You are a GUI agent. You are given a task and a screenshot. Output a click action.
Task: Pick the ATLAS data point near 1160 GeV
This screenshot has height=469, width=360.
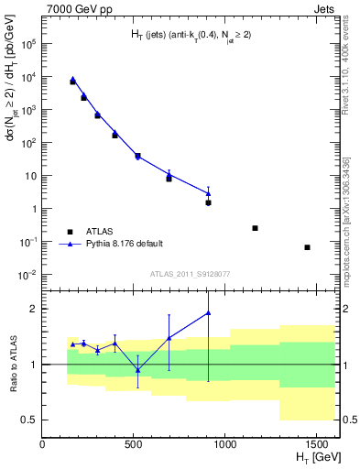pyautogui.click(x=255, y=228)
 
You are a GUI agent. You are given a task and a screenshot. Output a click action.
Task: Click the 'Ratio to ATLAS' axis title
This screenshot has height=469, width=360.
pyautogui.click(x=16, y=364)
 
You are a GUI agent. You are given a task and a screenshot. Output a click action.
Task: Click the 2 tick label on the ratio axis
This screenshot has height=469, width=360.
pyautogui.click(x=34, y=309)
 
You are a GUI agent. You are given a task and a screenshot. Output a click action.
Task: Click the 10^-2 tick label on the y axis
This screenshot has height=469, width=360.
pyautogui.click(x=27, y=275)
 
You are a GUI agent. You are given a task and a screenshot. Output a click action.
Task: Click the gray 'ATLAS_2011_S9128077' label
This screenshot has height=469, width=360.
pyautogui.click(x=190, y=273)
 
